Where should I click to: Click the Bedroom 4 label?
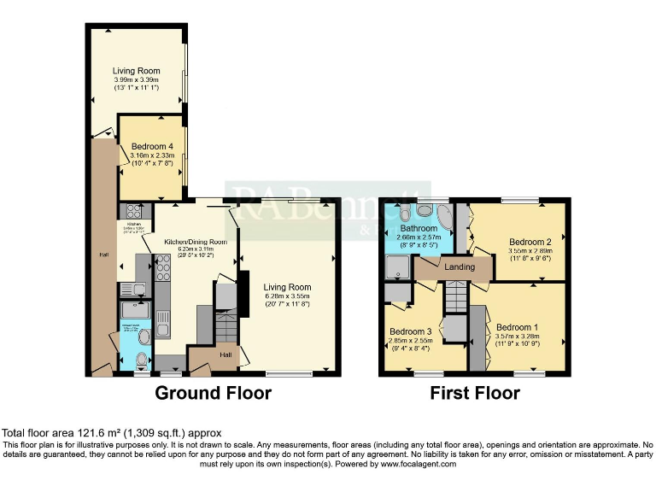click(x=152, y=146)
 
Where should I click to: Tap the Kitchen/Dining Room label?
click(x=196, y=242)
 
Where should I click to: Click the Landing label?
click(x=460, y=267)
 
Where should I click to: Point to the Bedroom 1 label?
click(x=518, y=327)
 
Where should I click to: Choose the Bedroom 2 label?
click(x=530, y=242)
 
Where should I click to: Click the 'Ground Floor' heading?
click(x=213, y=394)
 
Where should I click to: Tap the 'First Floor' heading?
click(x=476, y=394)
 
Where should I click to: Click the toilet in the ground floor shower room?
click(x=143, y=336)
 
